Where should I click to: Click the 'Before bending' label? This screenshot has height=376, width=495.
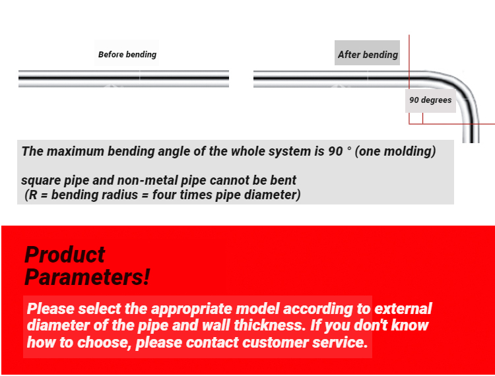[127, 54]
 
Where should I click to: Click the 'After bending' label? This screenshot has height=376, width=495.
[368, 54]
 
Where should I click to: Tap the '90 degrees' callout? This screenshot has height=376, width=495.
[430, 100]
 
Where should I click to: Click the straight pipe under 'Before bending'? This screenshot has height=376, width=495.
[123, 79]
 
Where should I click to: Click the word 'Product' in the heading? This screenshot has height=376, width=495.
[65, 255]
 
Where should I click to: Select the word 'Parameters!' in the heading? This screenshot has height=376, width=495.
[87, 277]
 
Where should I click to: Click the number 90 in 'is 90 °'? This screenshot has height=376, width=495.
[335, 151]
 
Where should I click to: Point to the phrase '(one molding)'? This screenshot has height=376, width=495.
[396, 151]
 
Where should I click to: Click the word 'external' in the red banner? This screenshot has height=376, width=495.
[403, 309]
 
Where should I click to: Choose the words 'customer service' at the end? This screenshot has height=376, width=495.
[304, 343]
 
